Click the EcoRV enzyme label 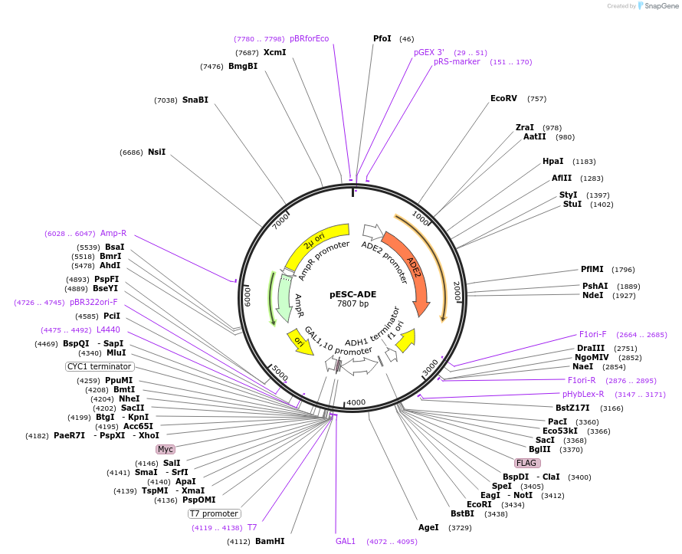[x=503, y=98]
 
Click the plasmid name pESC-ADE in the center [x=353, y=293]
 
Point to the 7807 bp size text [x=353, y=304]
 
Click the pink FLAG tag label [x=526, y=463]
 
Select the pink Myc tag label [x=166, y=449]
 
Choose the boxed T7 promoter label [x=215, y=513]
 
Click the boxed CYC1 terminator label [x=100, y=366]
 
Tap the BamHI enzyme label [x=270, y=541]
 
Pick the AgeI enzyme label [x=428, y=527]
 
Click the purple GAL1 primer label [x=346, y=541]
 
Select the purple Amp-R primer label [x=113, y=233]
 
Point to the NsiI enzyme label [x=156, y=152]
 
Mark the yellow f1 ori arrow [x=405, y=340]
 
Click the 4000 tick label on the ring [x=356, y=402]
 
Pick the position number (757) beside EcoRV [x=537, y=99]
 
